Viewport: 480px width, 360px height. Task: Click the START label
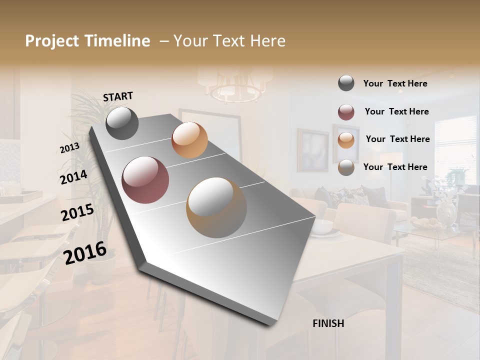118,96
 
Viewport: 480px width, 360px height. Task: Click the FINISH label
328,323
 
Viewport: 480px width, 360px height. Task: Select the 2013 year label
69,148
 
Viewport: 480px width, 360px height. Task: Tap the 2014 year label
73,177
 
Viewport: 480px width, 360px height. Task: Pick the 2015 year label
77,212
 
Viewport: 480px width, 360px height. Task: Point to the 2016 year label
85,252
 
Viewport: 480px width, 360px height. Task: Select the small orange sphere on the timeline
189,140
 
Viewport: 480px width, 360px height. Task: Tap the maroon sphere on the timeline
145,180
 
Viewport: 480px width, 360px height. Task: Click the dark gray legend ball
346,83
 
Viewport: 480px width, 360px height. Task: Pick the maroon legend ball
346,112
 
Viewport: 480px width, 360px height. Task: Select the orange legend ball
346,140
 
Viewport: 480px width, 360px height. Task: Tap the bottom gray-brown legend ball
346,167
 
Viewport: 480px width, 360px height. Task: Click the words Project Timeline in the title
87,41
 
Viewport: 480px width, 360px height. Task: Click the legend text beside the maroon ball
396,111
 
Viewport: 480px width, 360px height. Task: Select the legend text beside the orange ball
397,139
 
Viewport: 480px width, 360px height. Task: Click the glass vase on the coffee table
446,212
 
